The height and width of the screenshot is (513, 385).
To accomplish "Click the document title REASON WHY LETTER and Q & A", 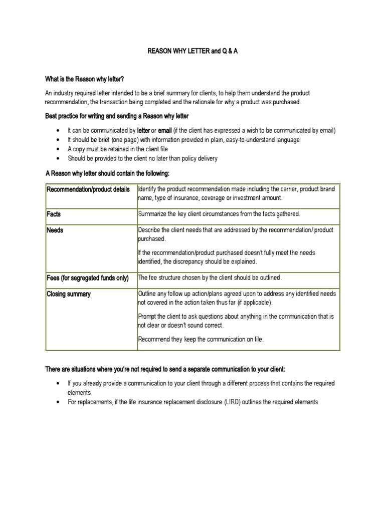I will [192, 52].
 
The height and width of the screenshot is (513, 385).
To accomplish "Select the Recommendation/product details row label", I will [88, 189].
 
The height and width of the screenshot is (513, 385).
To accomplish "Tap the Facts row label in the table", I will [54, 214].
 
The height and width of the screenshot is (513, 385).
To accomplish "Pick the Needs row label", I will [55, 230].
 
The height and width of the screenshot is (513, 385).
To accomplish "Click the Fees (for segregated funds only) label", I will [88, 278].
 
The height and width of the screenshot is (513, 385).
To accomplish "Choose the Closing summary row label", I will [69, 294].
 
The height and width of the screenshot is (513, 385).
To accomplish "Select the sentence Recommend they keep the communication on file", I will [201, 340].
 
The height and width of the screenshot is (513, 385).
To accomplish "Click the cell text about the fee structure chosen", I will [210, 278].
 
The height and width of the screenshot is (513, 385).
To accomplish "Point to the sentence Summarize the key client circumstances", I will [219, 214].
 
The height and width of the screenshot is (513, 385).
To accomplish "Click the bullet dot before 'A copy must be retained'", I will [58, 149].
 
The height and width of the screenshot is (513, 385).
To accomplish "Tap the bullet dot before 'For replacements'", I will [58, 402].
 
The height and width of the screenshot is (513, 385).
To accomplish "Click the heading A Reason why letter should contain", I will [108, 173].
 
